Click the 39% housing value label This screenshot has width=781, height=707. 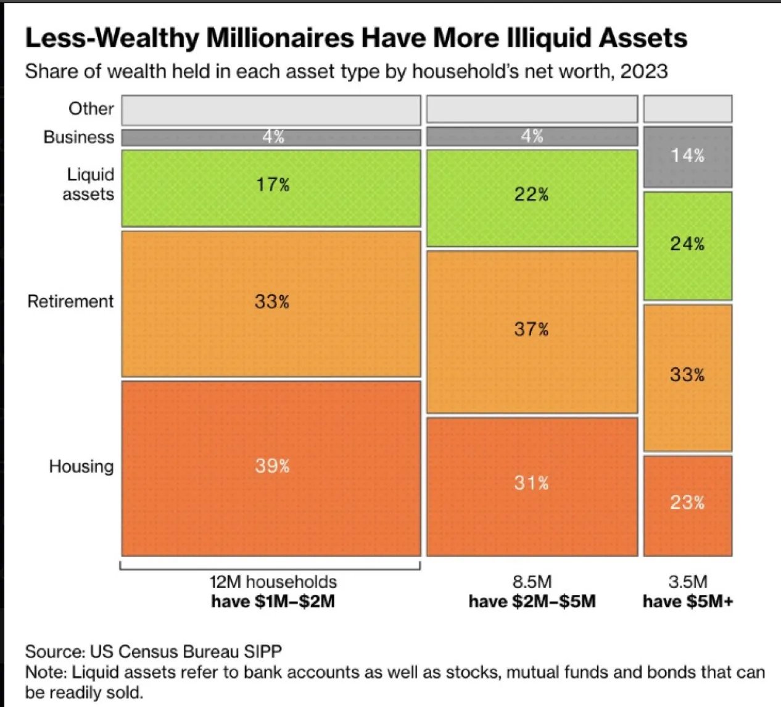(x=272, y=466)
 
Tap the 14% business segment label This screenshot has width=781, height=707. (x=687, y=155)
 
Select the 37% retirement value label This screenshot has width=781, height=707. (x=531, y=329)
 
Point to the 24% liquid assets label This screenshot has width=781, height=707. (x=687, y=244)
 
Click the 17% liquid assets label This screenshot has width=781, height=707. (x=273, y=185)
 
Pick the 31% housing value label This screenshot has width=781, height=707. (x=531, y=482)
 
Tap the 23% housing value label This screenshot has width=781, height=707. (x=687, y=502)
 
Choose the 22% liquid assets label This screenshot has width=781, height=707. (x=531, y=195)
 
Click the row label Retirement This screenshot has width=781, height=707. (x=70, y=301)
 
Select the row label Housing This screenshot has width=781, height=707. (x=81, y=466)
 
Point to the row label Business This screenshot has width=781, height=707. (x=78, y=137)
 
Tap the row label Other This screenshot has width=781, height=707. (x=91, y=109)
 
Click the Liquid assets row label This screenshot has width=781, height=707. (x=89, y=185)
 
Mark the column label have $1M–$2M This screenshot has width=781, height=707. (x=273, y=601)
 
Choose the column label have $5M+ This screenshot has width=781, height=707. (x=688, y=601)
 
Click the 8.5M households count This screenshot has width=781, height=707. (x=532, y=582)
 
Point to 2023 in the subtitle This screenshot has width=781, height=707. (x=644, y=72)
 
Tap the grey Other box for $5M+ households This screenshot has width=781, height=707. (x=687, y=109)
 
